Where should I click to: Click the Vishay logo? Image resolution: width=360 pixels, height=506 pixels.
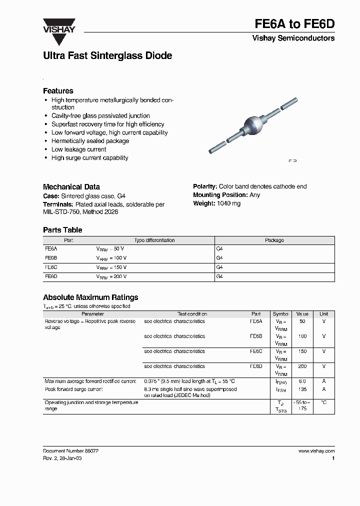(58, 26)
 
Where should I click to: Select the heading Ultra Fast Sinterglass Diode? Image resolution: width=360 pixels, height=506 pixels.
(107, 56)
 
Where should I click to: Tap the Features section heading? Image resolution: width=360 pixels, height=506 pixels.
(58, 91)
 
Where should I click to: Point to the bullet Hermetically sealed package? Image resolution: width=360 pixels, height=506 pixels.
(90, 141)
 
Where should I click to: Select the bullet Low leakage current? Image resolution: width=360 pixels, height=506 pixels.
(78, 149)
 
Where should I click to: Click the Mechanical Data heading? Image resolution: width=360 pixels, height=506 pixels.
(71, 186)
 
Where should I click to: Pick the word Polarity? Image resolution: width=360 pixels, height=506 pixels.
(205, 186)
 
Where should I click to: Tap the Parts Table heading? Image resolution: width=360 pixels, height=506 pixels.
(62, 230)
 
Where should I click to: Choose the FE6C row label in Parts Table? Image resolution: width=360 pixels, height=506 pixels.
(51, 267)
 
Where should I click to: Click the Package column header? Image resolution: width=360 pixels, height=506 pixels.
(274, 240)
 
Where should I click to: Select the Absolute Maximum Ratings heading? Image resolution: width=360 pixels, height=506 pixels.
(90, 297)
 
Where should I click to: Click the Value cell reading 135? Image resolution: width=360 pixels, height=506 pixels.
(302, 389)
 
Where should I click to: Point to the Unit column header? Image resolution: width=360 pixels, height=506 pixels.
(324, 314)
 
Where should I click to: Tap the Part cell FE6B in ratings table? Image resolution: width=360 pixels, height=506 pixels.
(255, 336)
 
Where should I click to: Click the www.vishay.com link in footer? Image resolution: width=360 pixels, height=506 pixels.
(316, 451)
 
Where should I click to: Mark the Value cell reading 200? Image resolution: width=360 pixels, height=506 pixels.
(302, 366)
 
